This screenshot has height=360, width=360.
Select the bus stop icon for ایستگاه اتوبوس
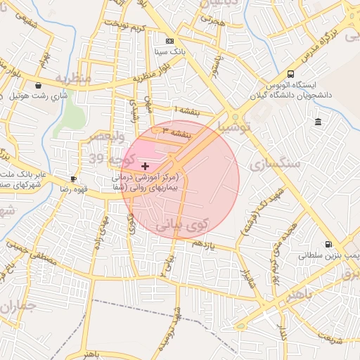tap(290, 75)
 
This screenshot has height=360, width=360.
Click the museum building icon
tap(319, 122)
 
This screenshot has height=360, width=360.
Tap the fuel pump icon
tap(328, 245)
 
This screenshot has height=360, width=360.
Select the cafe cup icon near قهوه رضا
tap(74, 179)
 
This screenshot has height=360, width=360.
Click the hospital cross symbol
tap(145, 166)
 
